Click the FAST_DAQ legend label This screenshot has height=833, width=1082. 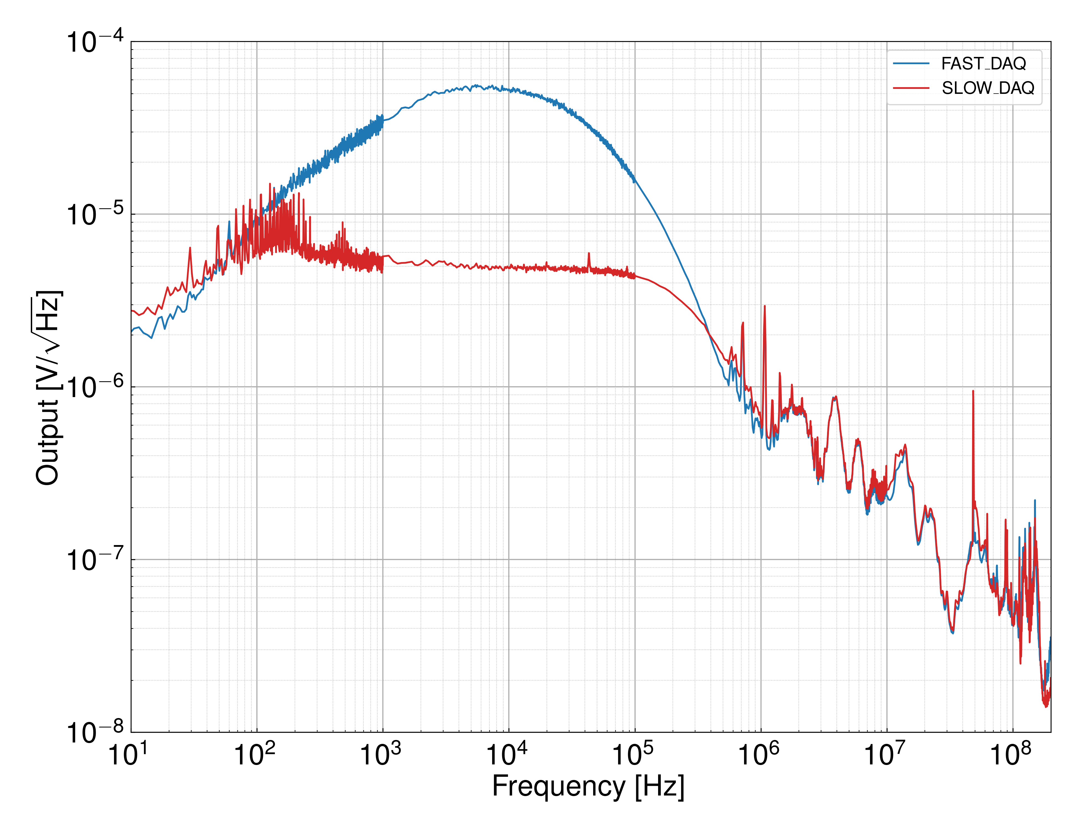click(x=984, y=64)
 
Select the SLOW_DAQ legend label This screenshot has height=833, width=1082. click(x=988, y=88)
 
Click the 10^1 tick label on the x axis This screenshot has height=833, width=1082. click(x=128, y=755)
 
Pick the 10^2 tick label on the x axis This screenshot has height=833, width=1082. click(x=254, y=755)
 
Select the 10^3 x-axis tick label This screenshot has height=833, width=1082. click(x=380, y=755)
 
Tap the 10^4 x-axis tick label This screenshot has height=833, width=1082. click(x=506, y=755)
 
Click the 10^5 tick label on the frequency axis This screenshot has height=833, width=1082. click(x=632, y=755)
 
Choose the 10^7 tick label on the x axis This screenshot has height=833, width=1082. click(x=884, y=755)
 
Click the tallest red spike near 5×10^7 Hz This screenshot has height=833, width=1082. click(x=973, y=392)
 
